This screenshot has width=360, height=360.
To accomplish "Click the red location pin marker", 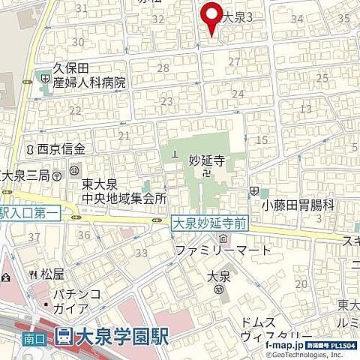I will pyautogui.click(x=211, y=16).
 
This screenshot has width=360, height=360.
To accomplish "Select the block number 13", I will pyautogui.click(x=305, y=109).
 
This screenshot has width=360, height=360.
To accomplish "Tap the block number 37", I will pyautogui.click(x=33, y=237).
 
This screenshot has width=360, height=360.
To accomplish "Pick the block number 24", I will pyautogui.click(x=238, y=94).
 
